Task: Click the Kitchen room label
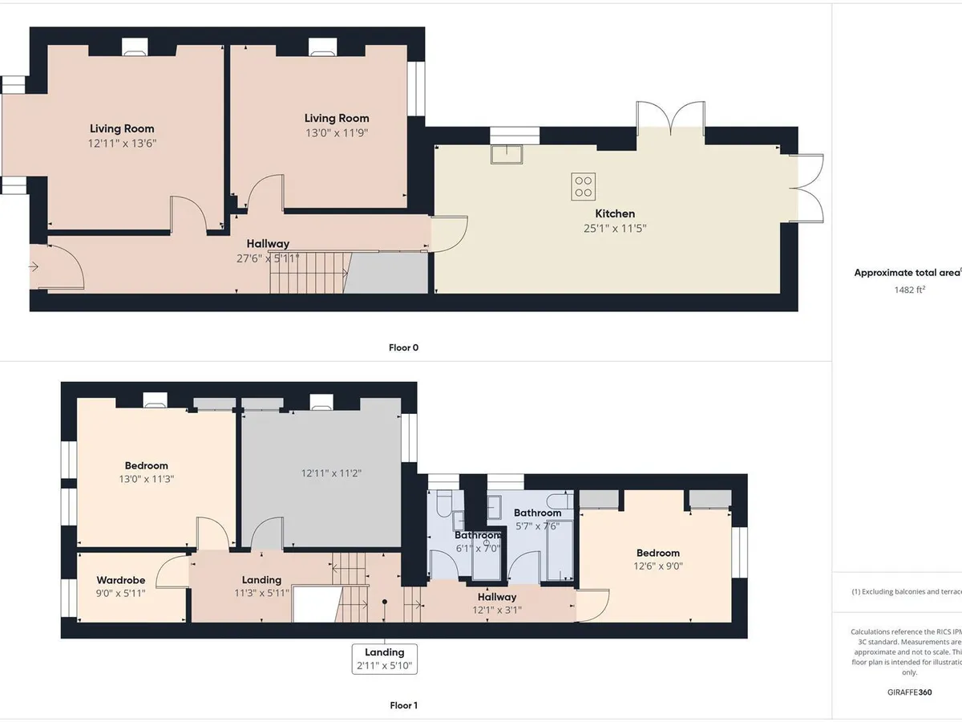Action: [614, 213]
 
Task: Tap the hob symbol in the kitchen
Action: [583, 185]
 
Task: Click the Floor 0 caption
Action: [403, 348]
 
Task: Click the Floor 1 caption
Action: [403, 705]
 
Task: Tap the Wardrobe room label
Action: [120, 580]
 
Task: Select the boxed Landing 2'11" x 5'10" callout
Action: [385, 659]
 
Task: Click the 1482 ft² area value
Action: [909, 290]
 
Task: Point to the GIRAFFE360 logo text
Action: [909, 691]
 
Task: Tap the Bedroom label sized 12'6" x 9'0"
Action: [657, 553]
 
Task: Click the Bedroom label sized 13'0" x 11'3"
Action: [146, 465]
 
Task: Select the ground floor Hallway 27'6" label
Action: [268, 244]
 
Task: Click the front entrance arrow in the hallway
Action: [34, 268]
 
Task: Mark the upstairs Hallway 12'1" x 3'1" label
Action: [497, 597]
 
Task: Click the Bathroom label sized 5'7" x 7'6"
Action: [537, 513]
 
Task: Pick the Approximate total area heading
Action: [906, 273]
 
